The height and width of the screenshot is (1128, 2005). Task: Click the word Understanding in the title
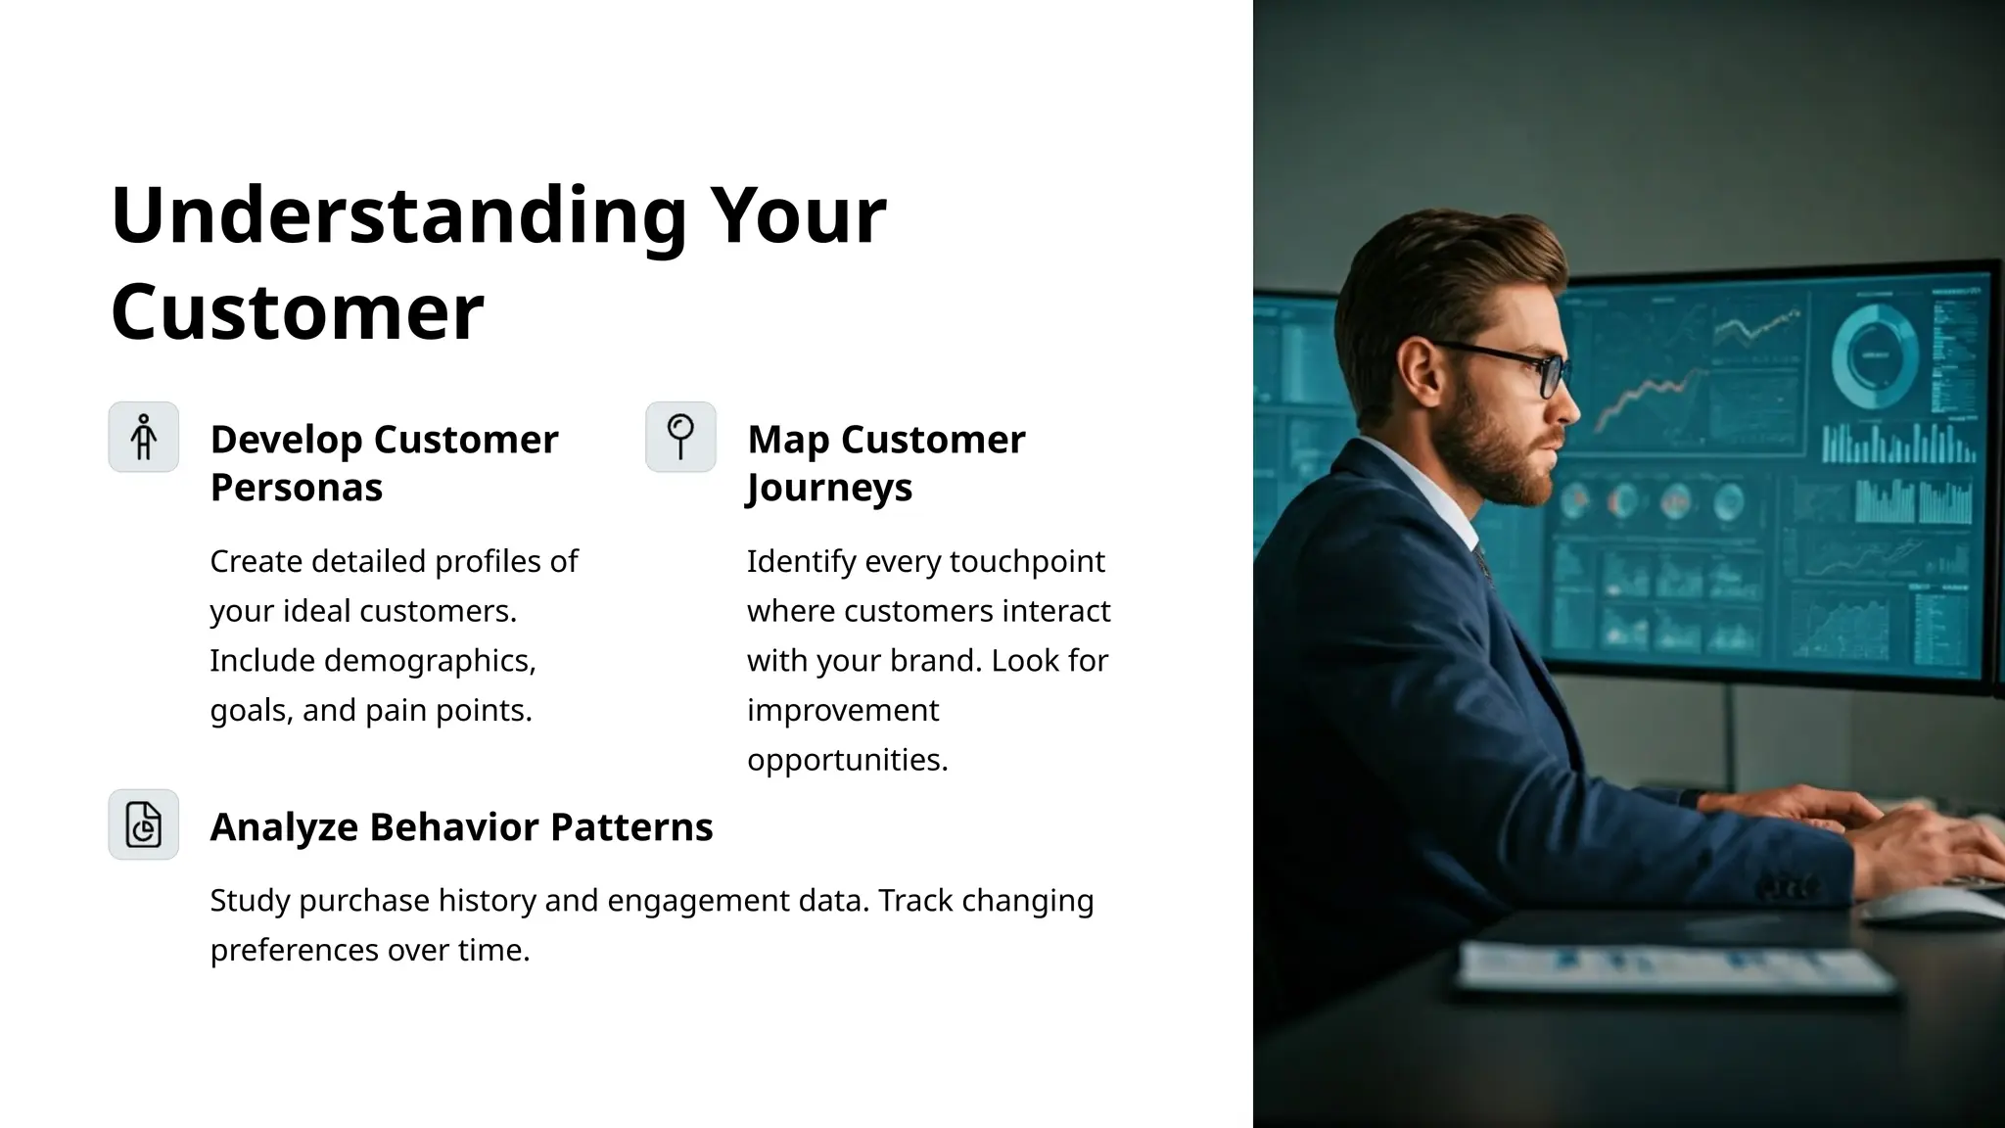point(399,215)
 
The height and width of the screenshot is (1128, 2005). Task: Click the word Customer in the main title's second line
point(298,311)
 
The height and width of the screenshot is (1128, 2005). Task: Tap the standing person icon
point(144,437)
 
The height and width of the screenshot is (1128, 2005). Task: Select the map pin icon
point(680,437)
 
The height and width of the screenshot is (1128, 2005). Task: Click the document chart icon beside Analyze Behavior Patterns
point(144,824)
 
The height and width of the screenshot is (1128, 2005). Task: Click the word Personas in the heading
point(296,488)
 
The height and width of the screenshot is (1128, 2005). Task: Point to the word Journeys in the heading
point(829,488)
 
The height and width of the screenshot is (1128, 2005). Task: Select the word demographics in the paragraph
point(429,661)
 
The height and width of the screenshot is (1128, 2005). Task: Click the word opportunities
point(847,760)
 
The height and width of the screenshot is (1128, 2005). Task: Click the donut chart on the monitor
point(1874,356)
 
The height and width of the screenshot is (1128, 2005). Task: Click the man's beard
point(1513,460)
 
